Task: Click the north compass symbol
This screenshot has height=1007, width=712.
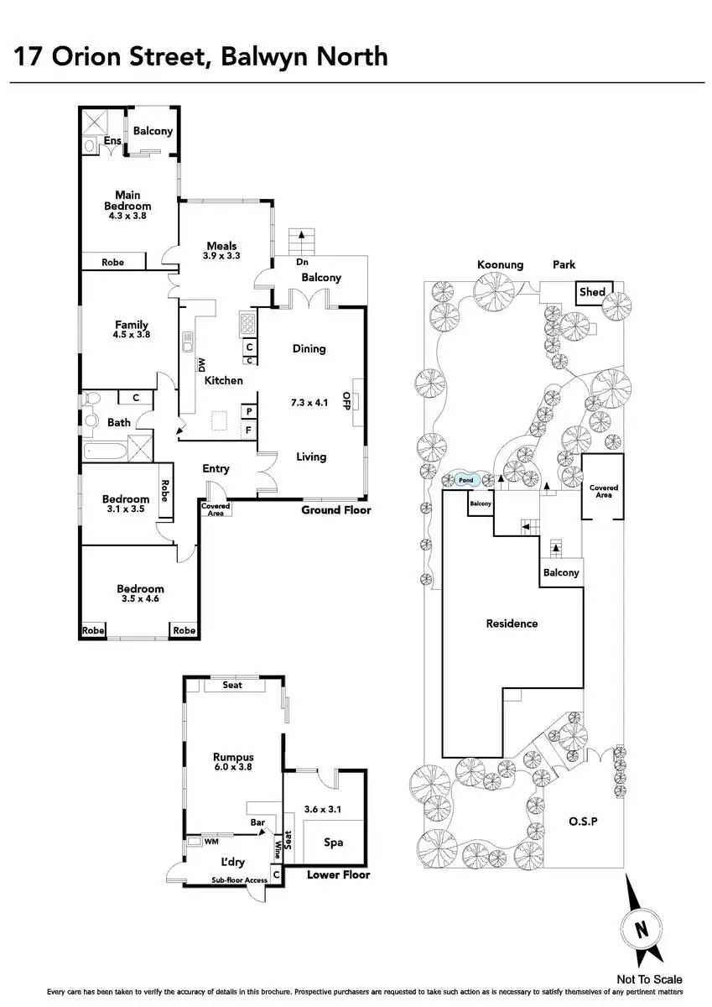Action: [x=641, y=927]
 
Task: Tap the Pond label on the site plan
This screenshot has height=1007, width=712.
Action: [x=466, y=481]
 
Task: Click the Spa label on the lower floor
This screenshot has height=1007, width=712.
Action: [x=332, y=843]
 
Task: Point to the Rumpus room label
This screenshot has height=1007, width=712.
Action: [x=233, y=756]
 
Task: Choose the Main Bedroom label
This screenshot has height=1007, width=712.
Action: [x=127, y=201]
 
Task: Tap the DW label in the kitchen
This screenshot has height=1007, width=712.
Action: [x=201, y=365]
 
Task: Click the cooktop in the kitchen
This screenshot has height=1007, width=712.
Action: [x=248, y=322]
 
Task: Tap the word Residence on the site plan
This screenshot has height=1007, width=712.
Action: [x=512, y=624]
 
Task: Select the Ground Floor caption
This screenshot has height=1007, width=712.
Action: [x=335, y=509]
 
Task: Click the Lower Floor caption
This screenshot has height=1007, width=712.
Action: [x=338, y=874]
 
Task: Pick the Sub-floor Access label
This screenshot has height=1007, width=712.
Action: [x=239, y=879]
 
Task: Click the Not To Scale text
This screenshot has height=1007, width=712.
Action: [x=649, y=978]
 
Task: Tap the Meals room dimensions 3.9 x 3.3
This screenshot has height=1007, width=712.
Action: [x=221, y=256]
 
